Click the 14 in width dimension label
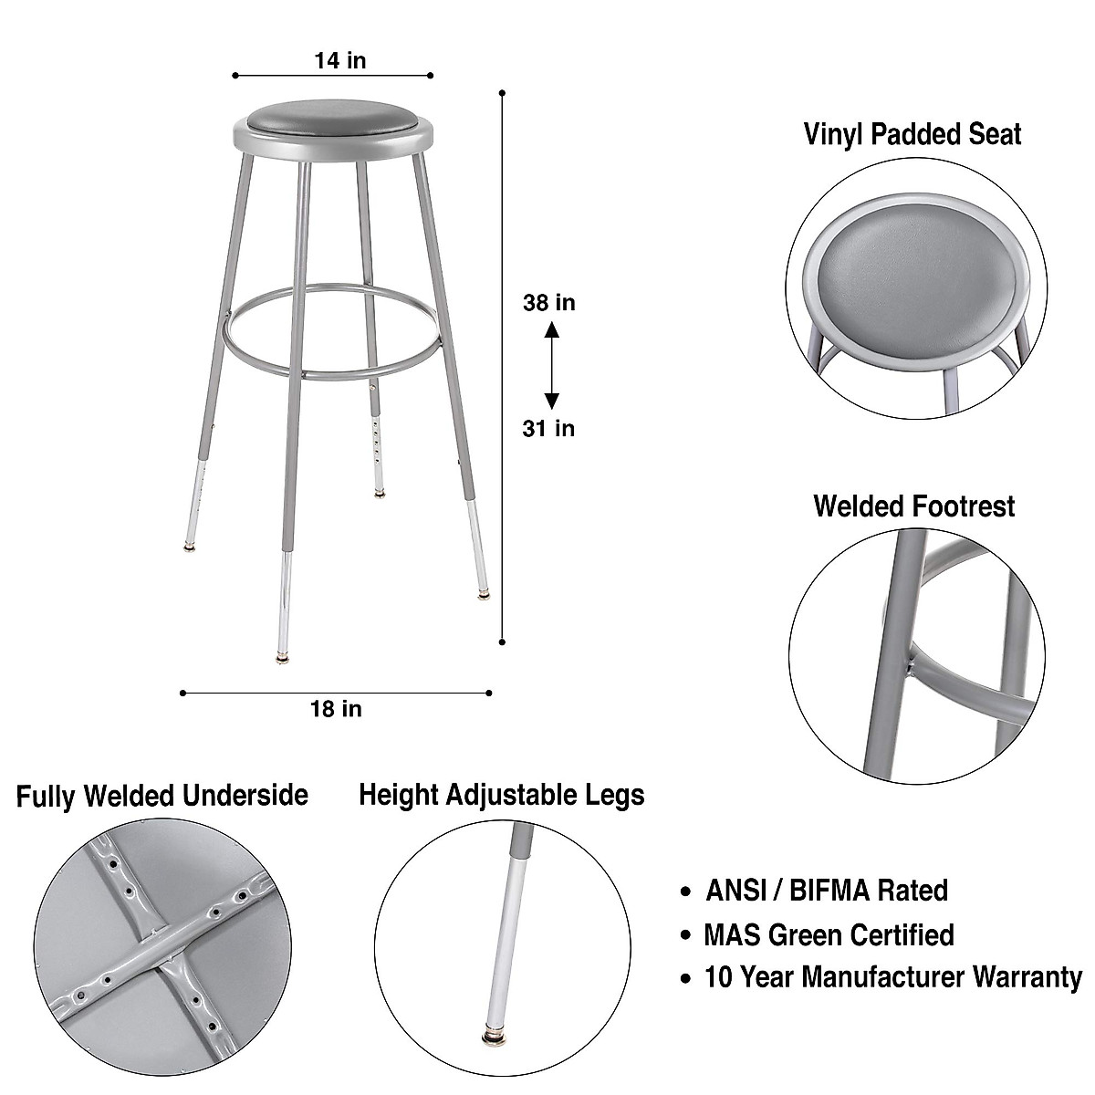point(339,60)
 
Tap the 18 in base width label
point(336,708)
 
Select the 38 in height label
point(548,302)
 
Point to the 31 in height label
point(548,427)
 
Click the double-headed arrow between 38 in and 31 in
point(551,364)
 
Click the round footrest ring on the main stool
point(333,370)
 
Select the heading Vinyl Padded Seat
point(912,134)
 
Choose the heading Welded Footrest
point(913,506)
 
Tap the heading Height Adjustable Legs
point(501,794)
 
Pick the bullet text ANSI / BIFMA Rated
point(826,890)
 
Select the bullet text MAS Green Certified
point(829,934)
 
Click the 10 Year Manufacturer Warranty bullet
point(892,977)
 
